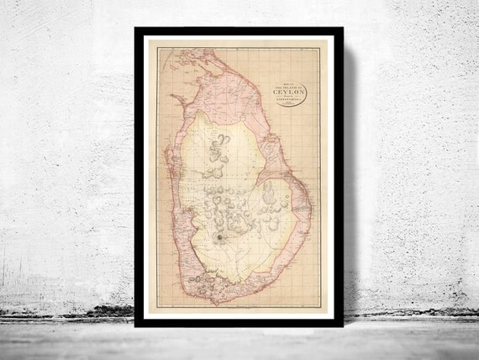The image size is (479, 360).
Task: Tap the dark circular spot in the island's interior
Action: point(219,239)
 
